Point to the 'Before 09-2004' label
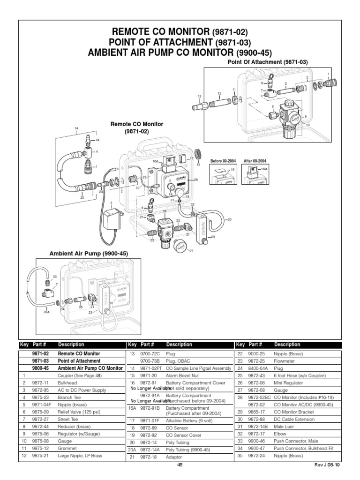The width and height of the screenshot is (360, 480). [x=222, y=161]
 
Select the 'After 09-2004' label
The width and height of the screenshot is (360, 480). [x=255, y=161]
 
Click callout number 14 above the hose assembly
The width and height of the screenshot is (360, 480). [x=75, y=128]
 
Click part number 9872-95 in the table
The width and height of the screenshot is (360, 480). [x=40, y=390]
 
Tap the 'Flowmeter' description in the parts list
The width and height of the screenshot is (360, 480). [x=285, y=361]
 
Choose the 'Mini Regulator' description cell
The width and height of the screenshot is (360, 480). [x=289, y=382]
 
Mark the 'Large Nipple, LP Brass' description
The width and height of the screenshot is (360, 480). [x=79, y=455]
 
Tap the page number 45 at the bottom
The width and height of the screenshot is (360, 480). [x=180, y=465]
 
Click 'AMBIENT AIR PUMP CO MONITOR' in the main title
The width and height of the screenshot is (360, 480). [x=162, y=52]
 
